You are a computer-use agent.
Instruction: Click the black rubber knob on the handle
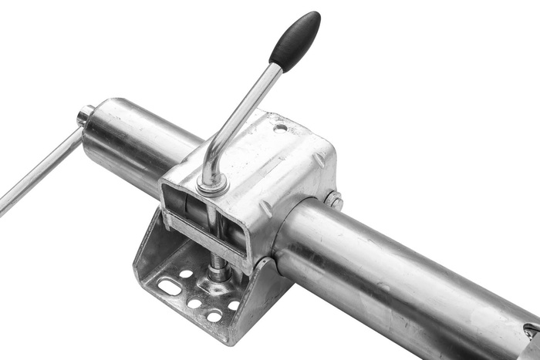[295, 41]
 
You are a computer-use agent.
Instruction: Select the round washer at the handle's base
[211, 184]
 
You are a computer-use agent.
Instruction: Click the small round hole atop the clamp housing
[280, 127]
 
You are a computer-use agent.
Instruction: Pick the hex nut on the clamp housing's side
[333, 200]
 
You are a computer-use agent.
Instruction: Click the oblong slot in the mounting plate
[170, 287]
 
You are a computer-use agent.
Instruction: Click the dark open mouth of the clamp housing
[185, 208]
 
